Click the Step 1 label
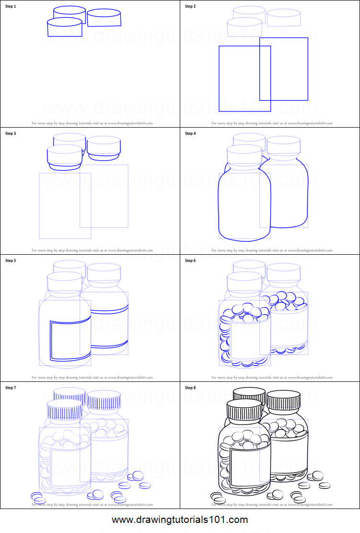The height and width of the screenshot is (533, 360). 11,6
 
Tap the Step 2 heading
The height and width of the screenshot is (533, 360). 190,6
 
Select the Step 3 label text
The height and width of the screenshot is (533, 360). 11,133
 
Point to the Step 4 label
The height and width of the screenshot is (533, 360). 190,133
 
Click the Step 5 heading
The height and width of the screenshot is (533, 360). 11,261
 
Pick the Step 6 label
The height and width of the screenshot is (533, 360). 190,261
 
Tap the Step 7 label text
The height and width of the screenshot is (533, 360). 11,387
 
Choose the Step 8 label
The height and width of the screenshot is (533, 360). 190,387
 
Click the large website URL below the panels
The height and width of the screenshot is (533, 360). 180,520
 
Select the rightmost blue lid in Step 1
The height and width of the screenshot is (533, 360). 104,18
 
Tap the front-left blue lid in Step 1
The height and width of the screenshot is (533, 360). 65,28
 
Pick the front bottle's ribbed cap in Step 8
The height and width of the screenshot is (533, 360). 244,410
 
